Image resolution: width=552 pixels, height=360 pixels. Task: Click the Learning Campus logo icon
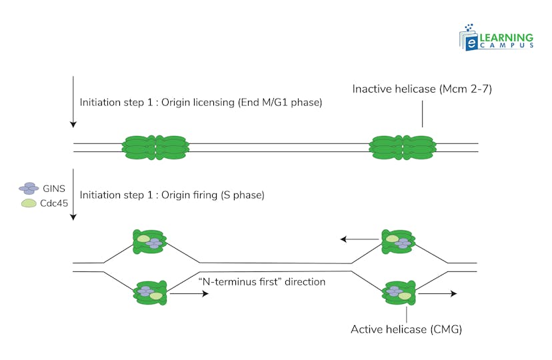tap(469, 37)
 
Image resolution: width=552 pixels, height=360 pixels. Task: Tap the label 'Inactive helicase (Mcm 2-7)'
tap(421, 89)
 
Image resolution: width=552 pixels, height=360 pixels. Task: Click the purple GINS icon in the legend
tap(29, 189)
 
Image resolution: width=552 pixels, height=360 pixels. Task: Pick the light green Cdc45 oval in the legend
tap(29, 203)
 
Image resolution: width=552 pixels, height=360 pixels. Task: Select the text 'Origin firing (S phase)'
tap(172, 195)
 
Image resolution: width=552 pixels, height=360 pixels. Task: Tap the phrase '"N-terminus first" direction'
tap(262, 282)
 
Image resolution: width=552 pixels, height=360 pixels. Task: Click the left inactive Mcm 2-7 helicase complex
tap(155, 147)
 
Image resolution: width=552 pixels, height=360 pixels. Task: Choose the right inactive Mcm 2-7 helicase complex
tap(403, 147)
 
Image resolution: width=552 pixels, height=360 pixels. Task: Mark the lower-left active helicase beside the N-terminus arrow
tap(151, 293)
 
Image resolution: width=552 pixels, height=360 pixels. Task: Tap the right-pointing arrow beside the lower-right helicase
tap(437, 293)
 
